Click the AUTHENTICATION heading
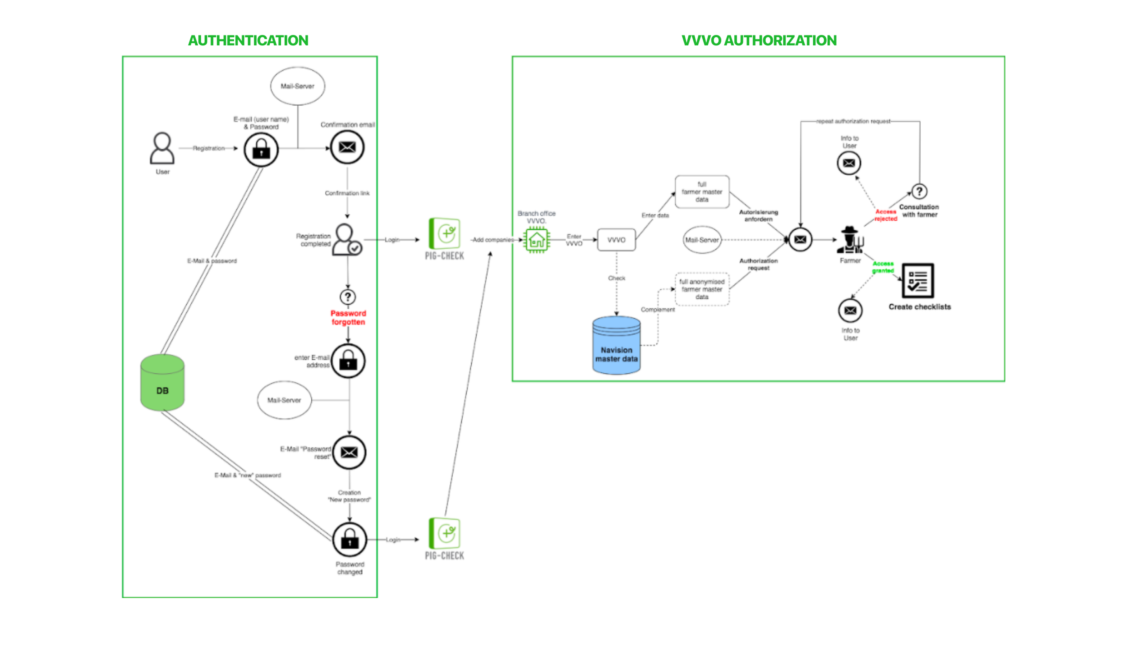248,40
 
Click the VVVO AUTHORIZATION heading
759,40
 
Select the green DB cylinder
162,383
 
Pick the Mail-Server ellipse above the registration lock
298,86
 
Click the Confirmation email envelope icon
347,147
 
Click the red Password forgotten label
348,318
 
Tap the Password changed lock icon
350,540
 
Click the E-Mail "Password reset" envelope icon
349,452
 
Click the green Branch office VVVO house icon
537,240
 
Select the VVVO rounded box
616,240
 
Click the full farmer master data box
702,192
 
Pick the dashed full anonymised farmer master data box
702,289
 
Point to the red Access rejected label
886,215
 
